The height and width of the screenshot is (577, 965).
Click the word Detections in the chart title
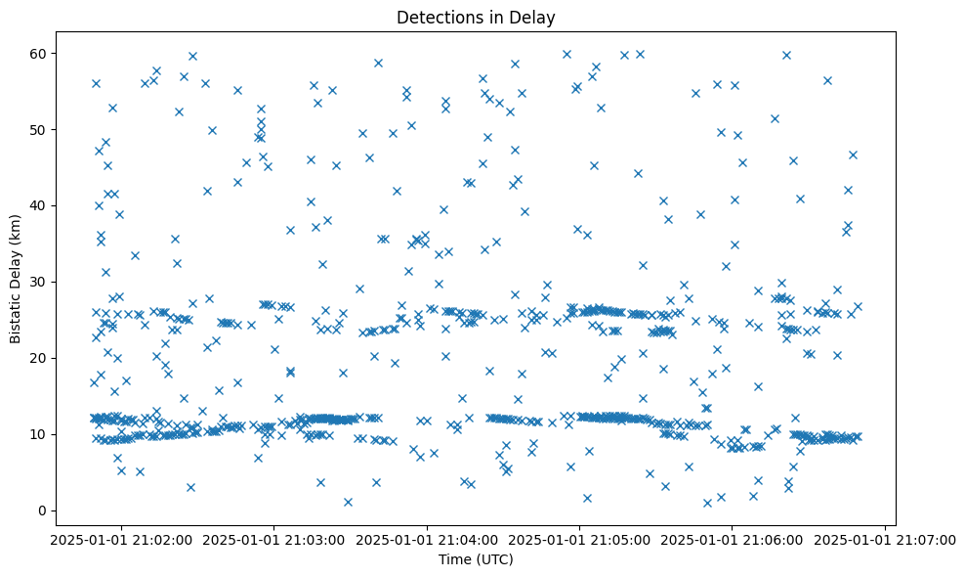pos(432,18)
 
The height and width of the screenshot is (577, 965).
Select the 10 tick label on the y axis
pos(40,434)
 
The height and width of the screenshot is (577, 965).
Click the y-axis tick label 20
pos(40,358)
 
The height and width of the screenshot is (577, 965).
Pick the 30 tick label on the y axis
pos(40,282)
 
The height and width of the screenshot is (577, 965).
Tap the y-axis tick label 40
pos(40,205)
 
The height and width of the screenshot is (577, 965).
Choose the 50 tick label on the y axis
pos(40,129)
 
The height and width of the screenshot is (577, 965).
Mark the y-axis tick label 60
pos(40,53)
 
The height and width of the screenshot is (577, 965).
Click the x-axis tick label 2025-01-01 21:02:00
pos(121,539)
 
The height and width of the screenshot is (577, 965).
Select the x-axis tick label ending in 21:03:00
pos(274,539)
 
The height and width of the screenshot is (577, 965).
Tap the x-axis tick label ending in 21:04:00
pos(427,539)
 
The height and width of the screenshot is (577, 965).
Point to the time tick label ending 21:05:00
pos(579,539)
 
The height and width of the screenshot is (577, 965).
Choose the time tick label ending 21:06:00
pos(733,539)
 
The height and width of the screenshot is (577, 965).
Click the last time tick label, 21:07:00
pos(885,539)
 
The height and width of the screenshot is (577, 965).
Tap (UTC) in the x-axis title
pos(495,560)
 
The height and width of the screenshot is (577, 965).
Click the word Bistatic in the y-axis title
pos(17,315)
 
